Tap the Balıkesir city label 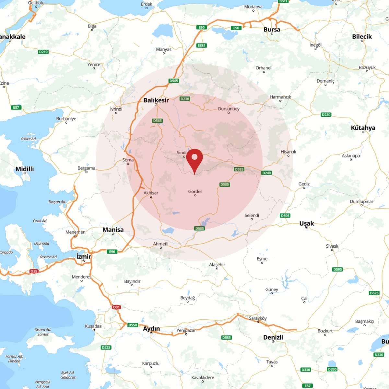tap(156, 100)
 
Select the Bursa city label tap(272, 29)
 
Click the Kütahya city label tap(363, 128)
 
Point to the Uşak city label tap(306, 223)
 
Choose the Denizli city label tap(273, 337)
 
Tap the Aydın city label tap(151, 329)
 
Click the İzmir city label tap(84, 256)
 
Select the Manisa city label tap(113, 230)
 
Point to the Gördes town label tap(195, 192)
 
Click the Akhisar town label tap(151, 193)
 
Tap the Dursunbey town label tap(229, 109)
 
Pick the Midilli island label tap(25, 169)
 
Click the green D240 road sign tap(266, 173)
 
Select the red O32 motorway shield tap(34, 271)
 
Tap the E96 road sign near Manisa tap(112, 252)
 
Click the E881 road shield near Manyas tap(202, 45)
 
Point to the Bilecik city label tap(362, 37)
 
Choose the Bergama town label tap(86, 168)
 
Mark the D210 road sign tap(43, 52)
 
